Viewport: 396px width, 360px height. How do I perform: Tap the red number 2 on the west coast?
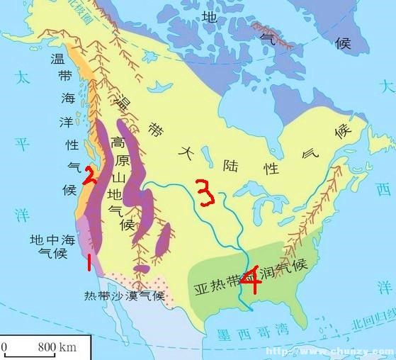pyautogui.click(x=90, y=174)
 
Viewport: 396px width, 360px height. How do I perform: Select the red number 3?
pyautogui.click(x=205, y=193)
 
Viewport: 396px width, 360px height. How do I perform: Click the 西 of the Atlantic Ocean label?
pyautogui.click(x=383, y=189)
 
